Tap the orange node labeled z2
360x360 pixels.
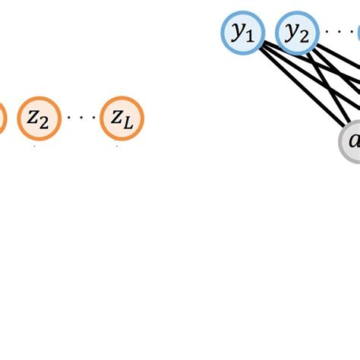(x=38, y=118)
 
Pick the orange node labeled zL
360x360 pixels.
(x=122, y=118)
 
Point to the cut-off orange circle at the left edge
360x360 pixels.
(x=2, y=118)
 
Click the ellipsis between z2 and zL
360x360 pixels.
(x=80, y=118)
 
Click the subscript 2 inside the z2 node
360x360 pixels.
(x=44, y=123)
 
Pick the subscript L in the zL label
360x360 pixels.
(x=128, y=123)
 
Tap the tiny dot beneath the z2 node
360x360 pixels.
(x=34, y=147)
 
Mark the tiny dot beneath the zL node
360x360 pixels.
(x=117, y=147)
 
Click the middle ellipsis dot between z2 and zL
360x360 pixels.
(x=80, y=118)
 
